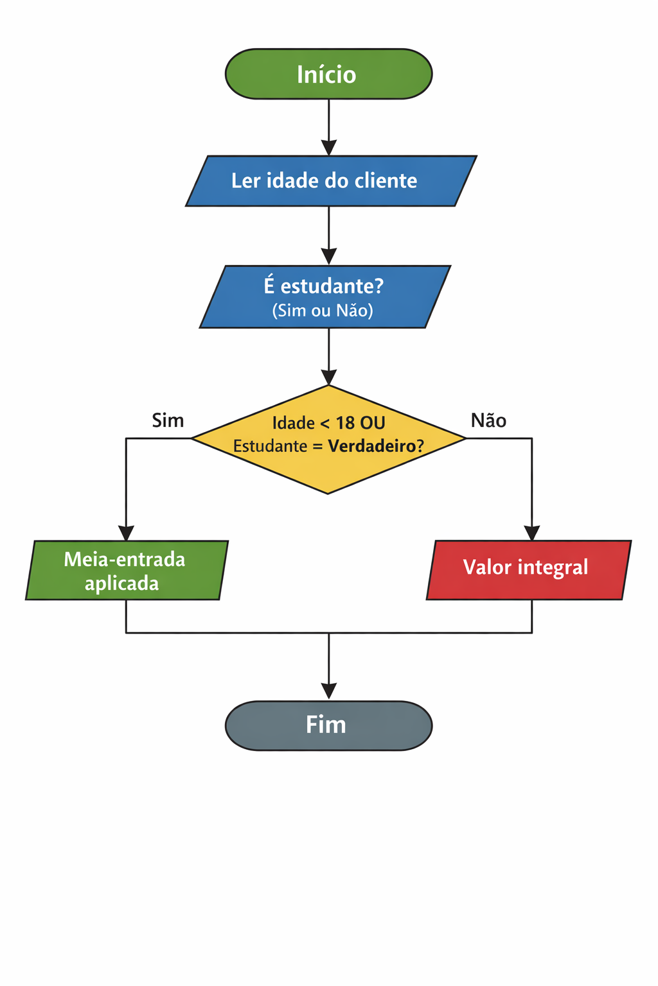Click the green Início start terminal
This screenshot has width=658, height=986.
(x=328, y=74)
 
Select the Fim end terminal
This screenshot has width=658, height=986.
(x=328, y=725)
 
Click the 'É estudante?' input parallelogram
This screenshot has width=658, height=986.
(x=325, y=297)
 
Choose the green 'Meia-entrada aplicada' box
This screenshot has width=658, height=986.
(x=127, y=570)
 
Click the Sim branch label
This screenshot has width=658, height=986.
(x=168, y=420)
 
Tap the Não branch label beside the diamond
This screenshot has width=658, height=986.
(x=488, y=420)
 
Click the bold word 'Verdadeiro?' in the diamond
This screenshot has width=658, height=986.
(x=376, y=446)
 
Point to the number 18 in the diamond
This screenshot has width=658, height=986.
(x=345, y=423)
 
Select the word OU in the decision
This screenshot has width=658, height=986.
(x=373, y=423)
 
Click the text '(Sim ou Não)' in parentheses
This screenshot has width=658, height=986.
(x=323, y=311)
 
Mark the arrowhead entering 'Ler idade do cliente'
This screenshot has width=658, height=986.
(x=329, y=148)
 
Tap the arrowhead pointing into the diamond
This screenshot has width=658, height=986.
(x=329, y=377)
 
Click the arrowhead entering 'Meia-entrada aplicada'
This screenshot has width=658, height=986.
(x=126, y=533)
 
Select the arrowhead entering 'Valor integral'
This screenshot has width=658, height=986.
(x=532, y=533)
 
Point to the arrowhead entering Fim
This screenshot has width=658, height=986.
(x=329, y=691)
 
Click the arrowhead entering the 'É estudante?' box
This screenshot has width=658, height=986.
(x=329, y=257)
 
